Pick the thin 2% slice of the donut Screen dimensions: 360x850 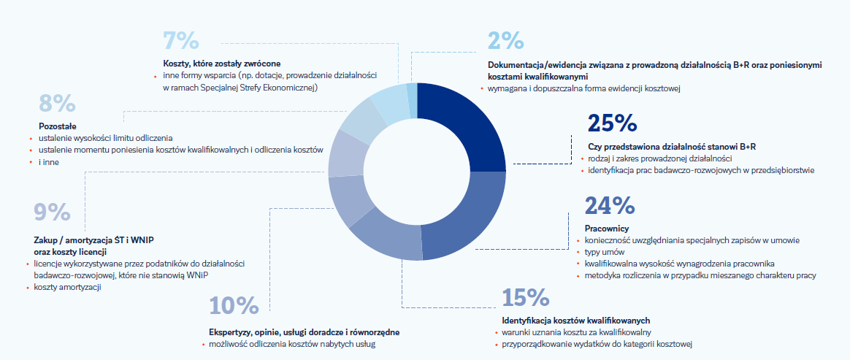pos(413,100)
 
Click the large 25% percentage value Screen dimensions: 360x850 pos(612,124)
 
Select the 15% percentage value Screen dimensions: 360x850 pos(526,298)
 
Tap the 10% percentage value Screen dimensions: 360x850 pos(234,306)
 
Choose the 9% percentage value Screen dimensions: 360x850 pos(52,212)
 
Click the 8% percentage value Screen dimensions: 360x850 pos(56,103)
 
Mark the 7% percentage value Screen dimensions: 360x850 pos(180,41)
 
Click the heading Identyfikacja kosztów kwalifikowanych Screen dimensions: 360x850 pos(576,321)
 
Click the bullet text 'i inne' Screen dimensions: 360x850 pos(49,162)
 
